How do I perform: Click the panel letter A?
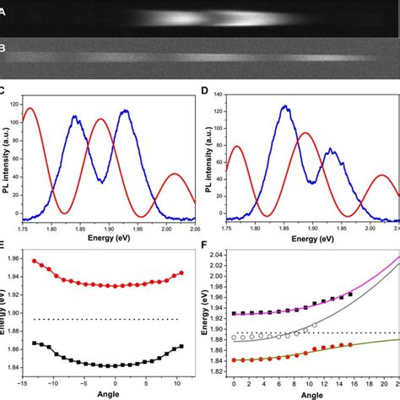click(4, 13)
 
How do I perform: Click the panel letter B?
click(4, 48)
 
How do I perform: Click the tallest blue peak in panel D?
click(285, 106)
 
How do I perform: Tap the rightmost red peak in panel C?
click(175, 174)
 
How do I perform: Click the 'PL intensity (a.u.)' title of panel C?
click(6, 156)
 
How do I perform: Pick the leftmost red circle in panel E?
click(35, 261)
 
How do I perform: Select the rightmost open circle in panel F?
click(315, 325)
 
